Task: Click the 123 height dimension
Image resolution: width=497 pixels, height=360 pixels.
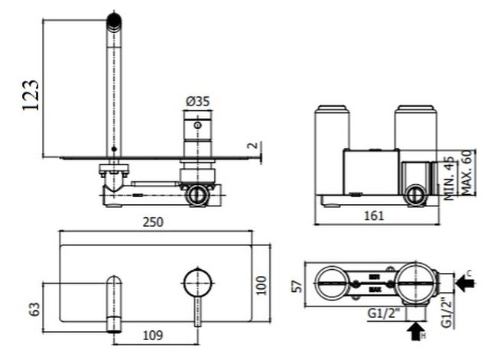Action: [31, 95]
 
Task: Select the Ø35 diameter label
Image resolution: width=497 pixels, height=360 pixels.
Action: [197, 101]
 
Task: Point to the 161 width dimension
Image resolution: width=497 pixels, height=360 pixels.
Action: [374, 216]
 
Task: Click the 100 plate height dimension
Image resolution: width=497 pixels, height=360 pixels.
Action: [263, 286]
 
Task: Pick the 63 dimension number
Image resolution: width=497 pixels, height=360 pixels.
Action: [33, 309]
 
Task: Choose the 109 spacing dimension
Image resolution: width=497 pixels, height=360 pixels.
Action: [153, 335]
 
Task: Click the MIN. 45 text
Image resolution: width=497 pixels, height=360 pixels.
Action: [449, 179]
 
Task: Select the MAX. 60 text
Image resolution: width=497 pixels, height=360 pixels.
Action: [466, 174]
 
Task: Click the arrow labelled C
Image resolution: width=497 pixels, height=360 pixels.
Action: [463, 283]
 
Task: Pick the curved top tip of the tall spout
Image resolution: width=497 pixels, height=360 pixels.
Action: [114, 21]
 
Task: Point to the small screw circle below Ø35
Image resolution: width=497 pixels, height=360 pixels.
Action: [197, 125]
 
